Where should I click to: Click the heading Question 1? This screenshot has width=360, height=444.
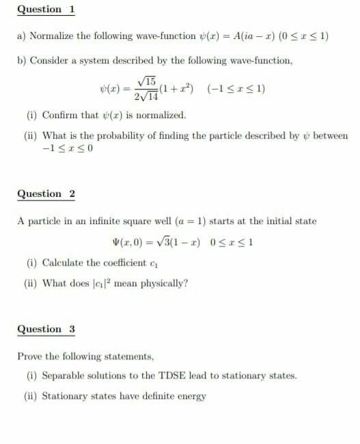[46, 10]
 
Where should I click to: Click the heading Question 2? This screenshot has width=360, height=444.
[46, 194]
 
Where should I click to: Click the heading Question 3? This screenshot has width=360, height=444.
[46, 329]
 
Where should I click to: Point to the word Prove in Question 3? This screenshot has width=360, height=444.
[30, 356]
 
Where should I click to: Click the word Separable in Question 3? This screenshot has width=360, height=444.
[64, 376]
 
